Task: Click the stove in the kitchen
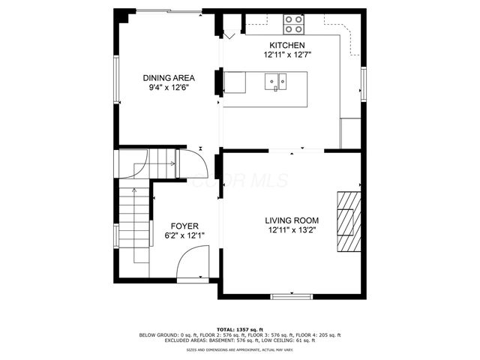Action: (294, 25)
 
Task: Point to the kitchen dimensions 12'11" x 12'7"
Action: (287, 55)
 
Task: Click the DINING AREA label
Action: (169, 78)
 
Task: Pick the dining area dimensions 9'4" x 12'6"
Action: (169, 87)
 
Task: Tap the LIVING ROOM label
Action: (292, 220)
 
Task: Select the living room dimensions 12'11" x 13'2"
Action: (292, 230)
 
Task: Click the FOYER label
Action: (184, 226)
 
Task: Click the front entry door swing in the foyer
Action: (192, 262)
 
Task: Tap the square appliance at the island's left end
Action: (235, 82)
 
